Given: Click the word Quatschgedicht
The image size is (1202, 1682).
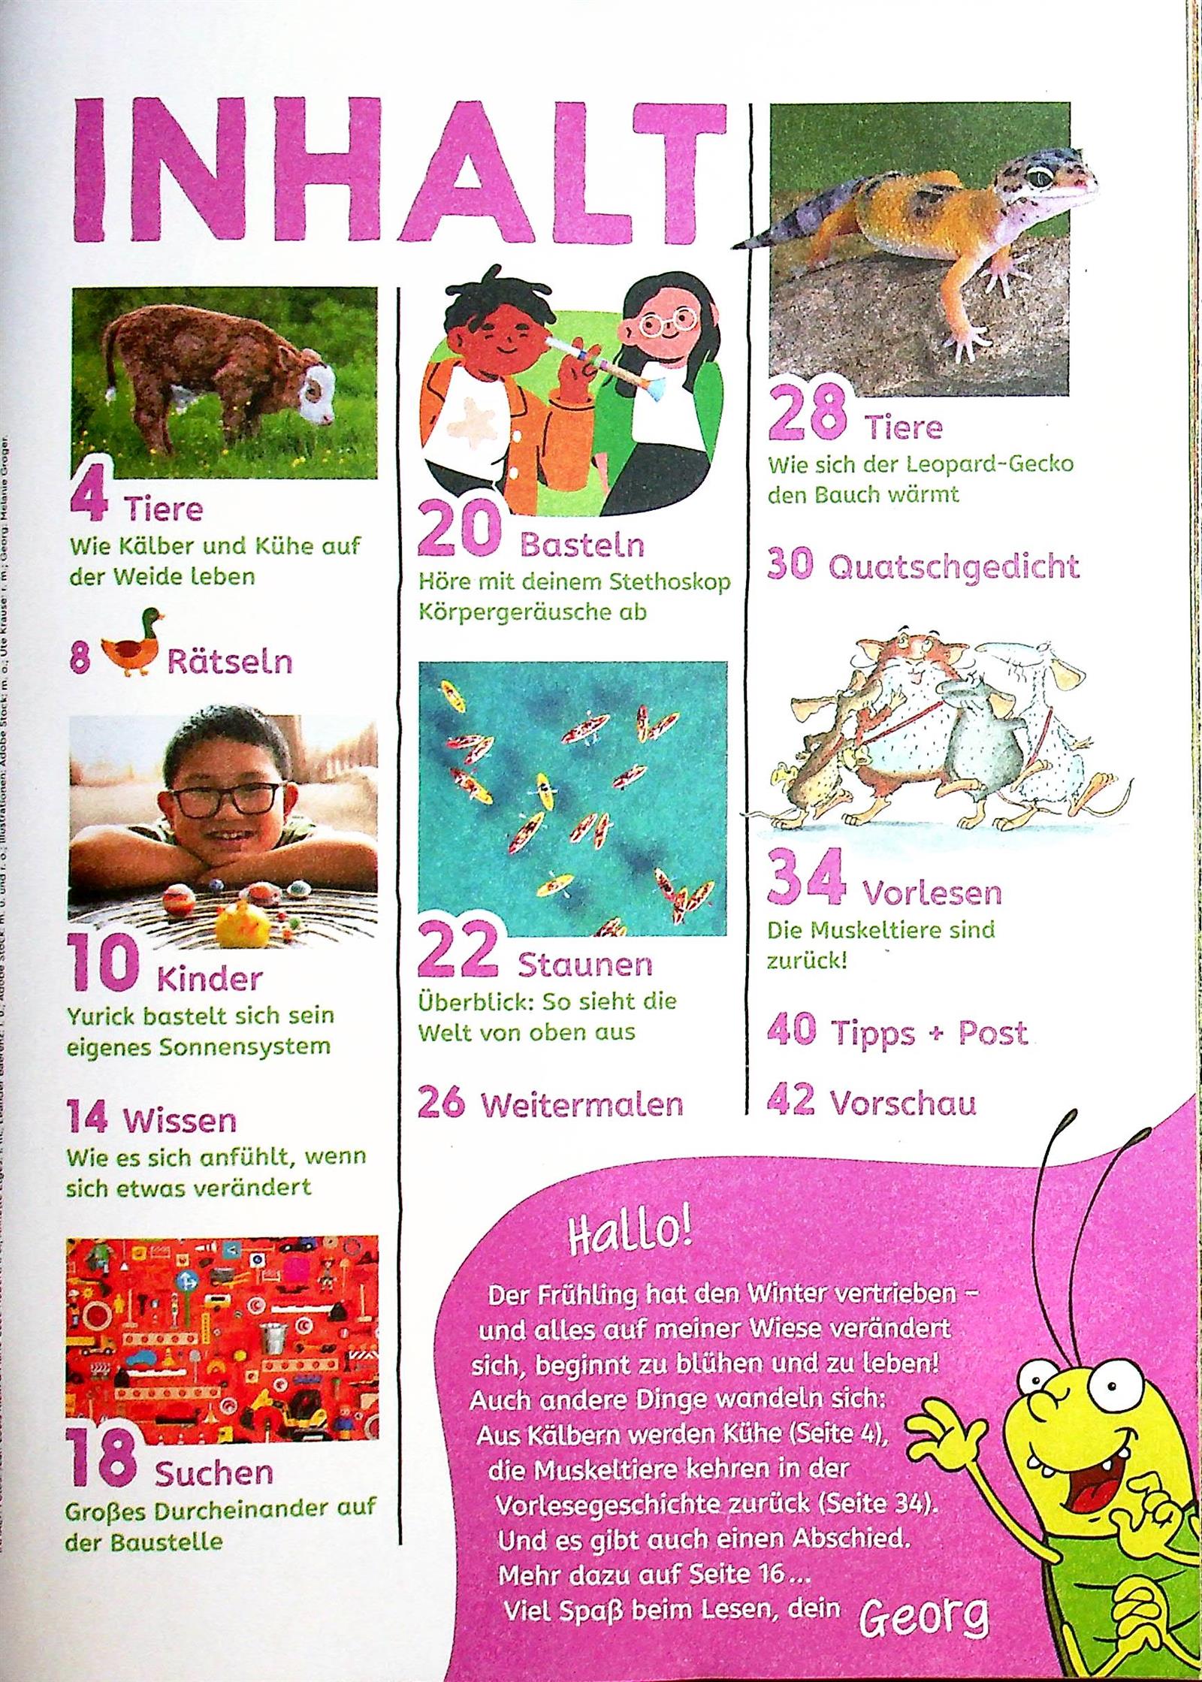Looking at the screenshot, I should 953,567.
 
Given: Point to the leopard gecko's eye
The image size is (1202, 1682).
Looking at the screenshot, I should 1040,177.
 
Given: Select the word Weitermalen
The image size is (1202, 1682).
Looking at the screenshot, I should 581,1105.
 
